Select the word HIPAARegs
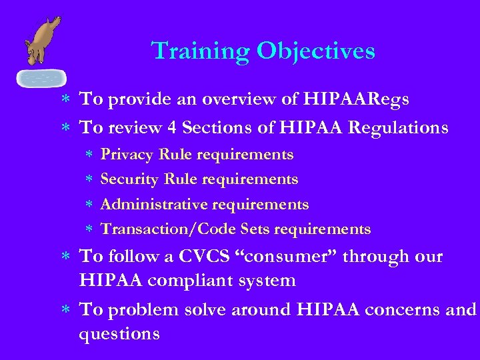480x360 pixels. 357,99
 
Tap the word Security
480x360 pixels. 128,179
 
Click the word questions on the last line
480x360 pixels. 119,334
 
